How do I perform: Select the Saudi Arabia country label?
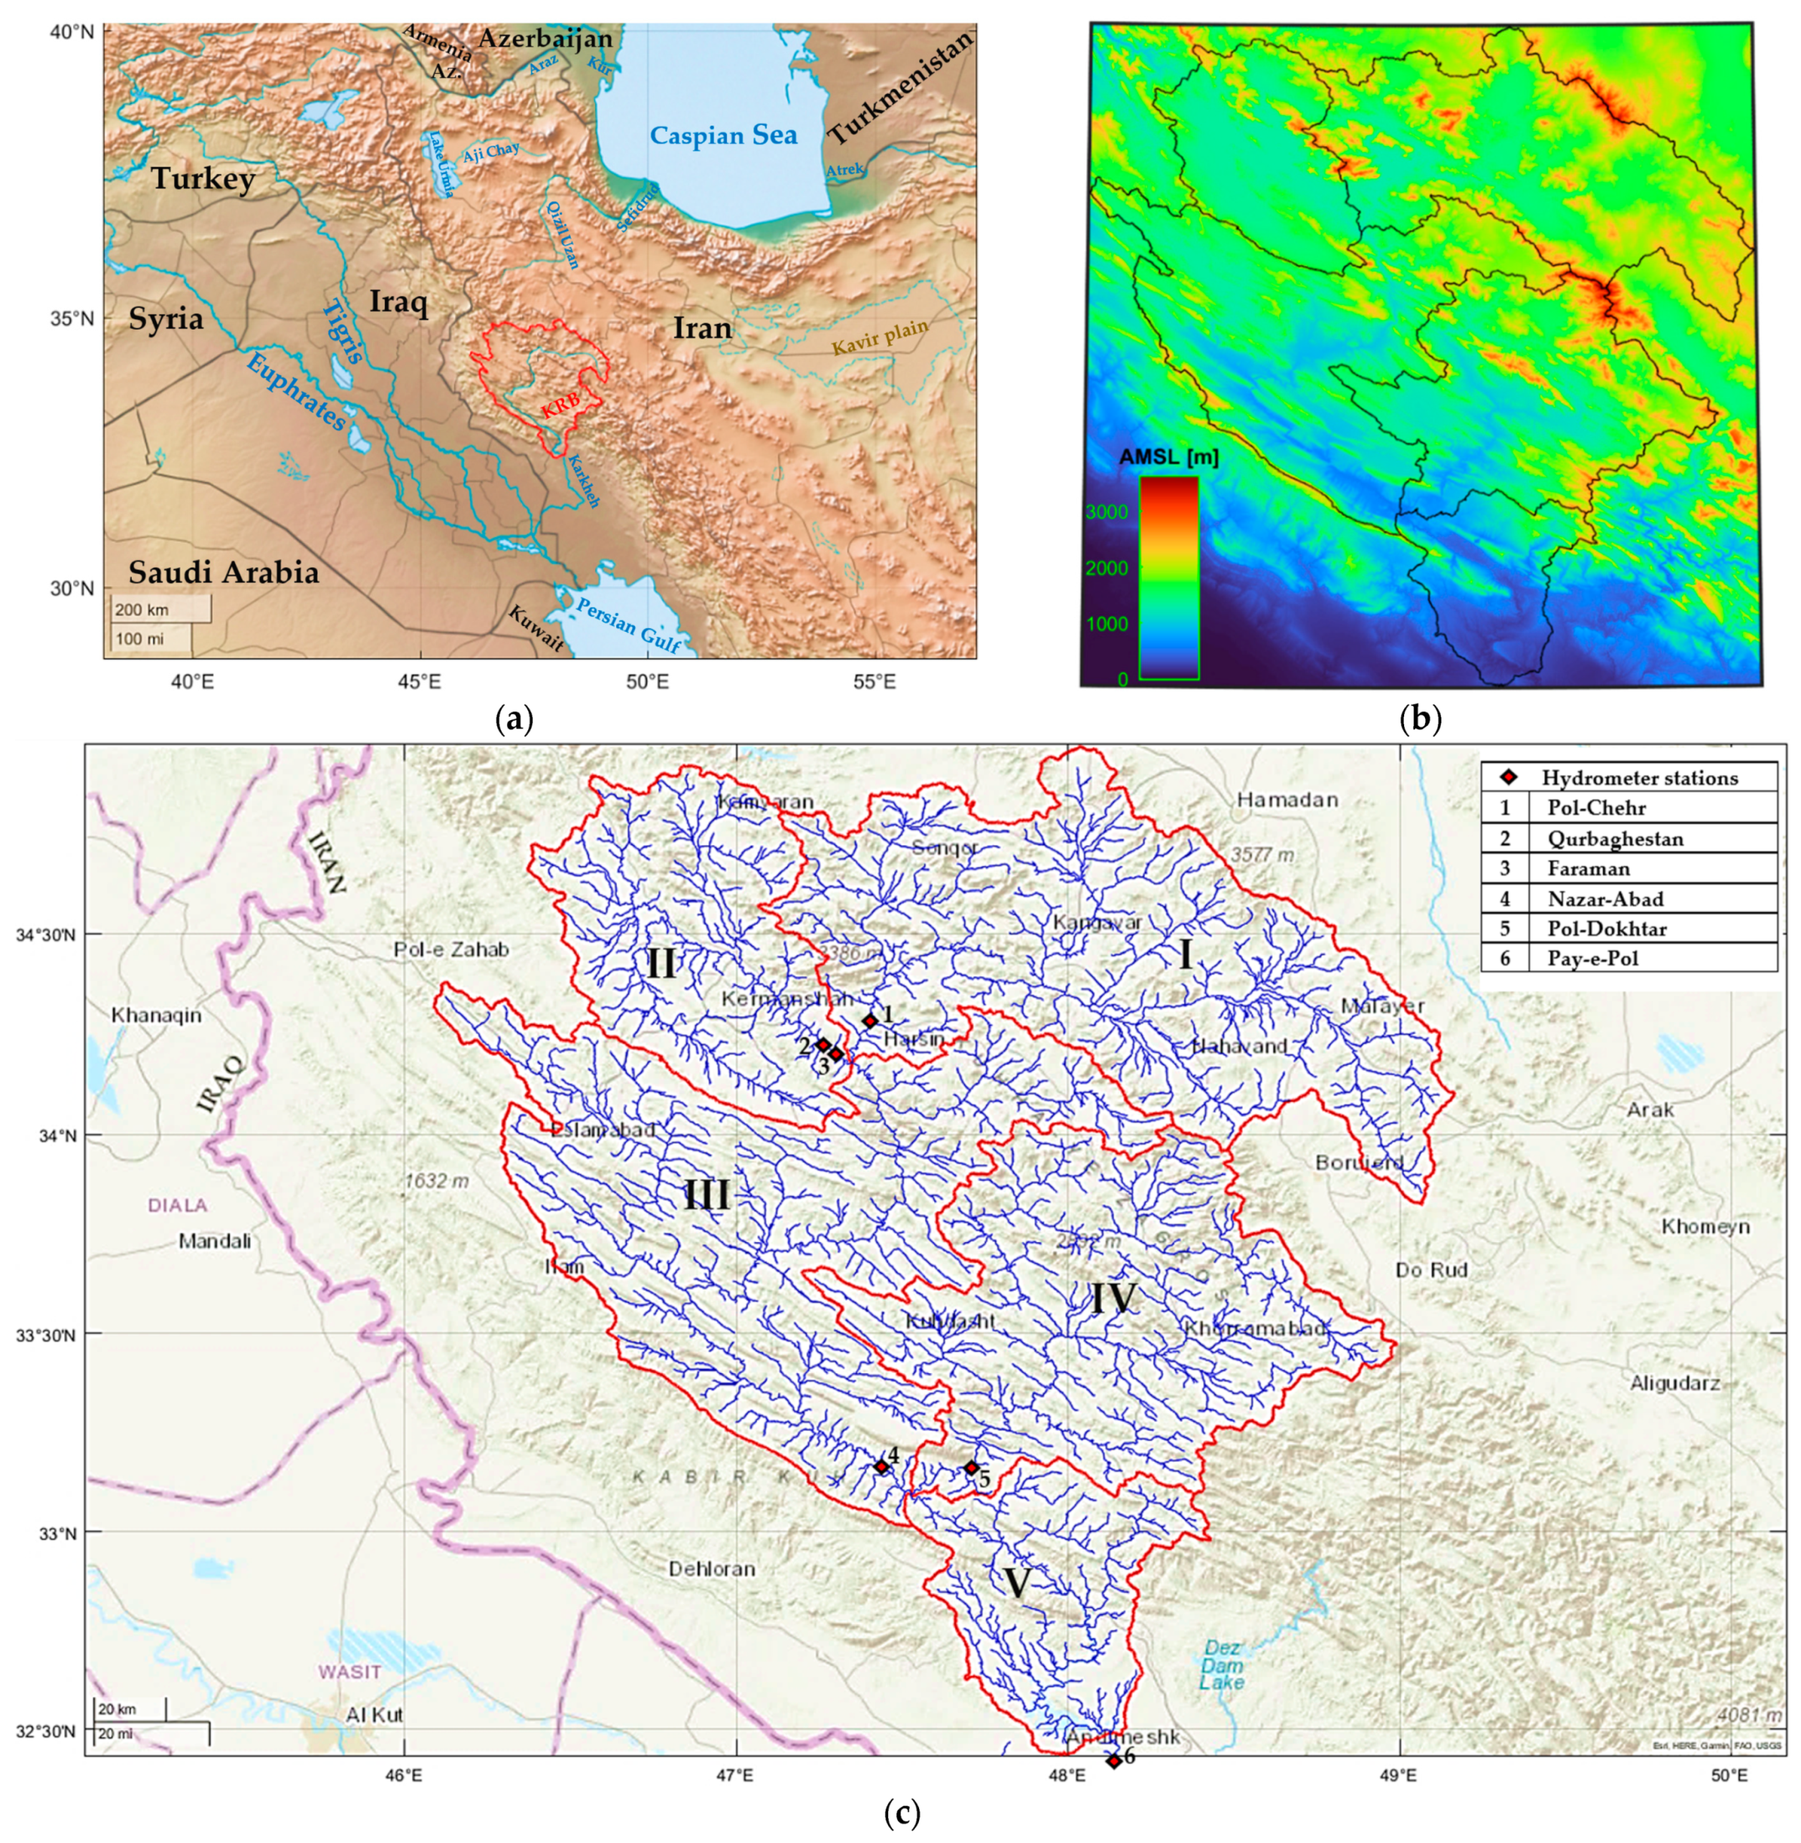tap(224, 572)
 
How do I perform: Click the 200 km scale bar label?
tap(142, 610)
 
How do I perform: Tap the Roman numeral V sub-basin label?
tap(1016, 1583)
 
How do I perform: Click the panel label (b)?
tap(1420, 720)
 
